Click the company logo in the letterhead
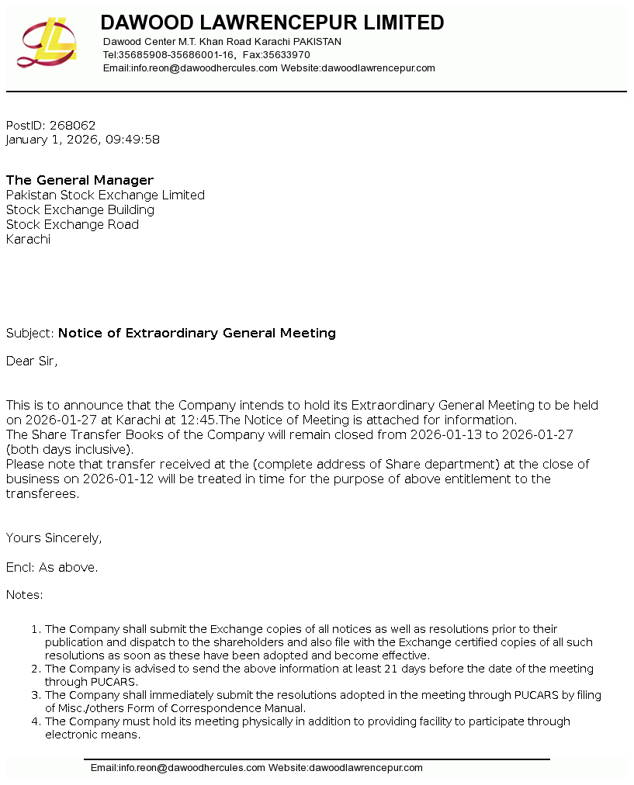pyautogui.click(x=47, y=43)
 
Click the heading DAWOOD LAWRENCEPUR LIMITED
pyautogui.click(x=272, y=22)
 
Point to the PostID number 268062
pyautogui.click(x=72, y=125)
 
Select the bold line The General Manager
pyautogui.click(x=80, y=180)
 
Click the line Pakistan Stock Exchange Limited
pyautogui.click(x=106, y=195)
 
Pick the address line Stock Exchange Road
pyautogui.click(x=72, y=224)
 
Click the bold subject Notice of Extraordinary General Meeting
pyautogui.click(x=197, y=333)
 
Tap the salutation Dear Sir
pyautogui.click(x=32, y=361)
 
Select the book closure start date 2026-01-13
pyautogui.click(x=445, y=434)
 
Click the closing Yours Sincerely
pyautogui.click(x=54, y=538)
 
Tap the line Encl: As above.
pyautogui.click(x=52, y=567)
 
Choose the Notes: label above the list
pyautogui.click(x=24, y=595)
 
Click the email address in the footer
pyautogui.click(x=178, y=768)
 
